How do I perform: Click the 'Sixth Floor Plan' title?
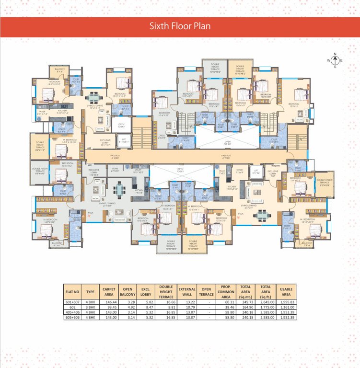(180, 26)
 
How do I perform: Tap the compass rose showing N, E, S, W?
(335, 60)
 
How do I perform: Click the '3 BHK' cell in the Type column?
(90, 307)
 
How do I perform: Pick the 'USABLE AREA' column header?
(286, 292)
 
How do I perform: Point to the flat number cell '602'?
(72, 307)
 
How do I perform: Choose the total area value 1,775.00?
(265, 307)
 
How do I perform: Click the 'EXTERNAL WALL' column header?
(186, 292)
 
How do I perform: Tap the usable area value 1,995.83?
(286, 302)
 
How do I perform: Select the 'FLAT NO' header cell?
(72, 292)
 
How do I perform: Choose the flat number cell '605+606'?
(72, 317)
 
